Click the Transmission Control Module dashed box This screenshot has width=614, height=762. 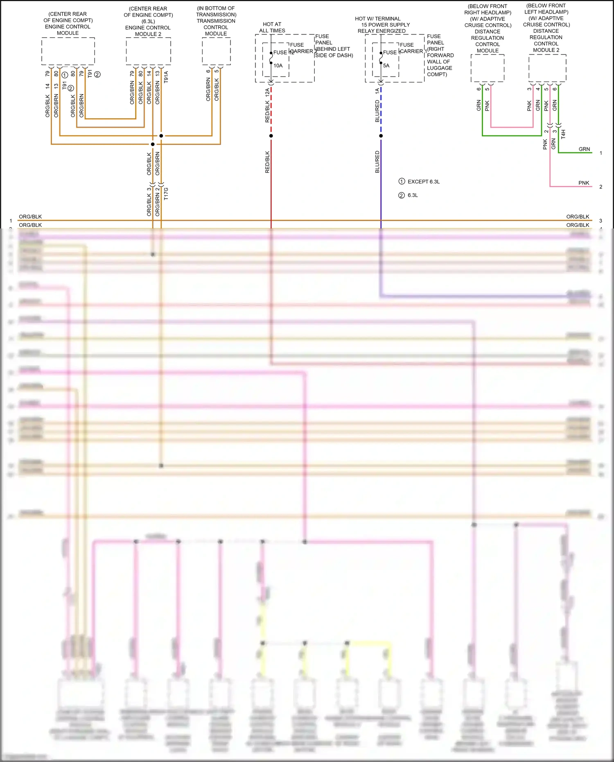tap(216, 51)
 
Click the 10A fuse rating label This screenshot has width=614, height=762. tap(278, 66)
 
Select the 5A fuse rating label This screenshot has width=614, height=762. tap(386, 66)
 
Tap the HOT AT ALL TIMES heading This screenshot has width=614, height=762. tap(272, 27)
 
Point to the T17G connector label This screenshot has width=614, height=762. tap(166, 194)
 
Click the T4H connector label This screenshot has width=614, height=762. tap(563, 134)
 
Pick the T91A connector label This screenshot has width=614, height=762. tap(166, 77)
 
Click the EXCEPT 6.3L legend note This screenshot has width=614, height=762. tap(423, 181)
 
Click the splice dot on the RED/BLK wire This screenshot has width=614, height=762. tap(271, 136)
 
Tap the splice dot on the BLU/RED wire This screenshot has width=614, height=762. tap(381, 136)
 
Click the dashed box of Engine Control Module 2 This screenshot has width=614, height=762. tap(148, 51)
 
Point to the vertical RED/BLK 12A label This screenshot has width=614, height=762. tap(267, 106)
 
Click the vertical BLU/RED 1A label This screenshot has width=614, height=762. tap(377, 106)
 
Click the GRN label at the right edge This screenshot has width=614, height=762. tap(584, 149)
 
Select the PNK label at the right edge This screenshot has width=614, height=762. tap(584, 183)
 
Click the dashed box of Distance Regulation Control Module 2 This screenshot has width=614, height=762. tap(547, 68)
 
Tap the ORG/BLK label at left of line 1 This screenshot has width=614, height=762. tap(30, 217)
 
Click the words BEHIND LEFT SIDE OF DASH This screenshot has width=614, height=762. tap(334, 52)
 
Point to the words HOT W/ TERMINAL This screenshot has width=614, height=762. tap(377, 19)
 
